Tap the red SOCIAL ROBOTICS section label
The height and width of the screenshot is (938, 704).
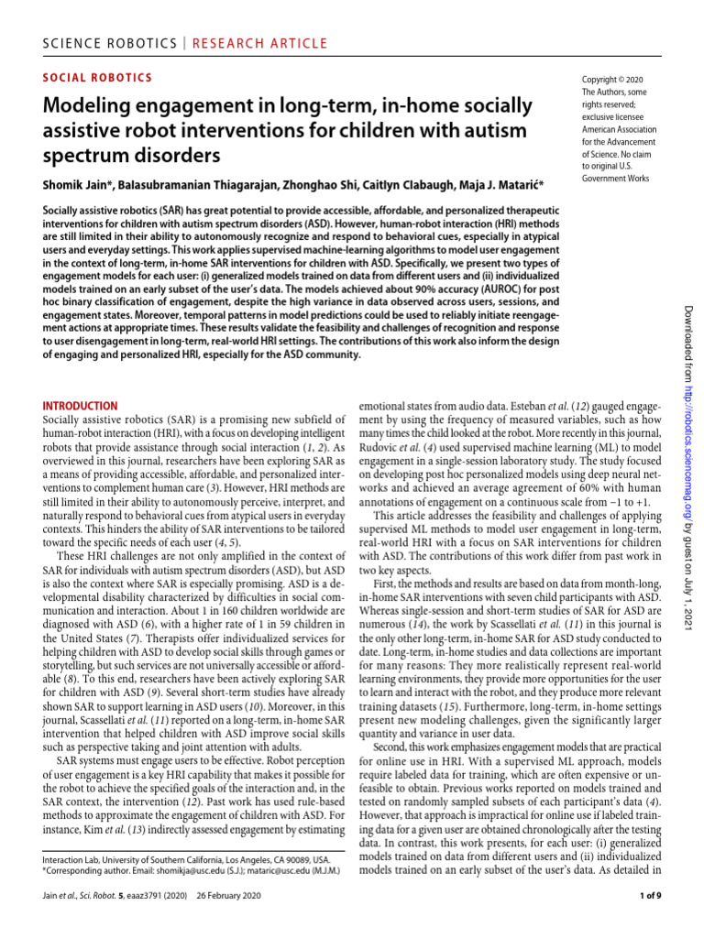pyautogui.click(x=98, y=79)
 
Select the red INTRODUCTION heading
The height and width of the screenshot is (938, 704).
pyautogui.click(x=81, y=405)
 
